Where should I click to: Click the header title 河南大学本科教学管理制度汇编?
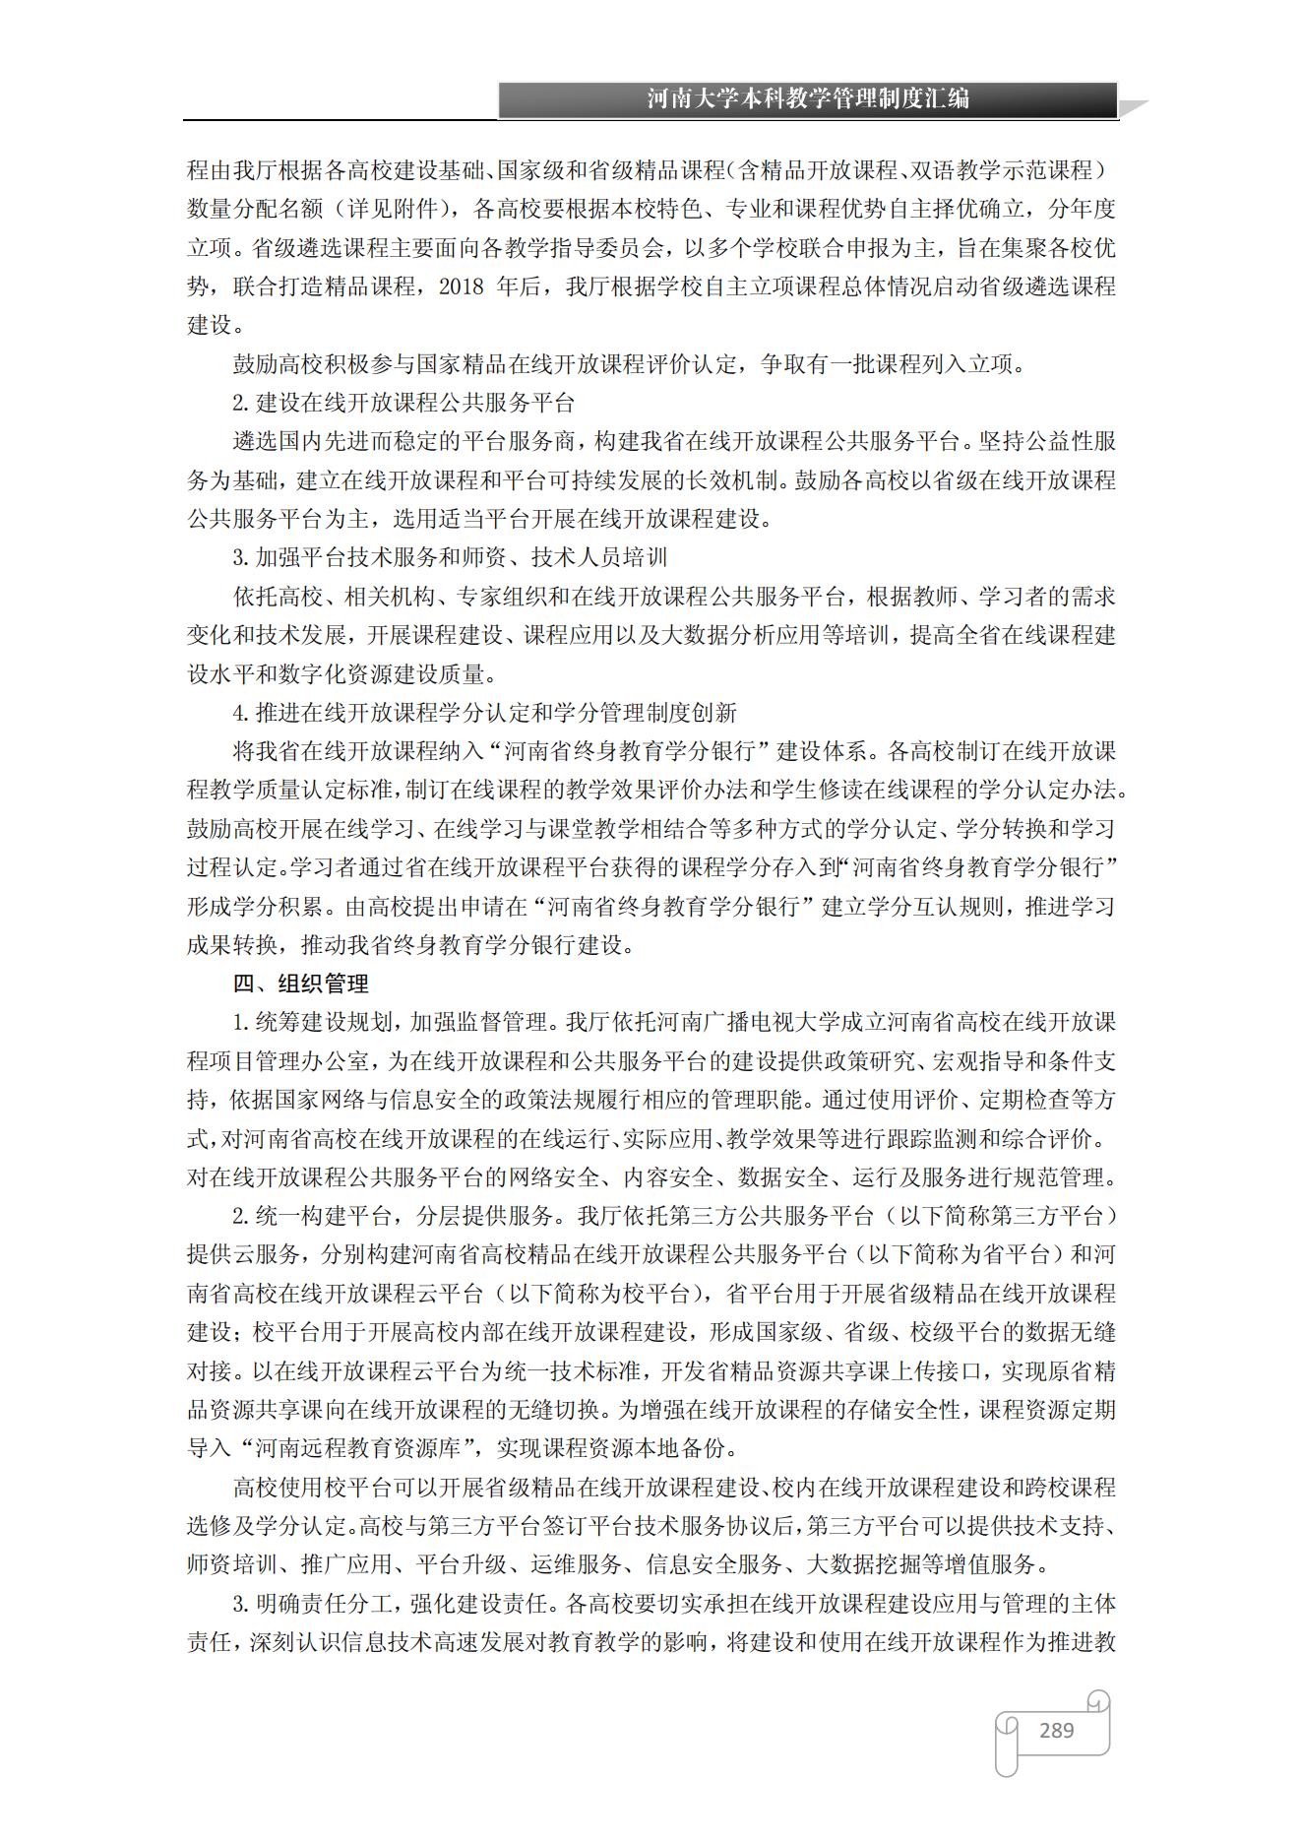808,98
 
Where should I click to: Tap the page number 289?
1056,1730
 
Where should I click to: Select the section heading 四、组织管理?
300,984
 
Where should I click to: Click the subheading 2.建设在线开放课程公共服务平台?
403,403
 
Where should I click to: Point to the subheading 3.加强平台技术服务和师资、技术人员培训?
450,558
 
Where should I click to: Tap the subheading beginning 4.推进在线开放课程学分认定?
484,713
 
